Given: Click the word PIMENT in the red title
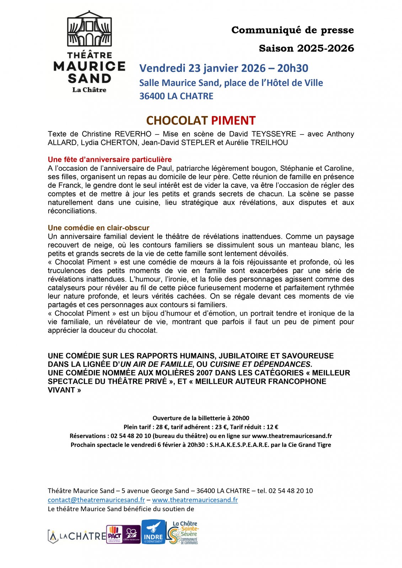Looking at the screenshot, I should click(233, 121).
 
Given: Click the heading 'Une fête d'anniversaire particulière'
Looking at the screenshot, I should click(110, 159).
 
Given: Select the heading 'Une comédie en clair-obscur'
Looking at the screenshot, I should click(98, 228).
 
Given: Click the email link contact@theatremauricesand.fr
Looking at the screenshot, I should click(96, 500).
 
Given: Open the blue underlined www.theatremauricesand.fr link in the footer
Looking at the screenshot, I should click(195, 500).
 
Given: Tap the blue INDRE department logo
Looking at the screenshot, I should click(153, 532).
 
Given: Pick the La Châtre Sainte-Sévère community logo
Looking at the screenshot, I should click(183, 532).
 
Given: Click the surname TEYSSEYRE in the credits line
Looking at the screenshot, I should click(274, 134).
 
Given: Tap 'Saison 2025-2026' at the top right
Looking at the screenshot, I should click(306, 48).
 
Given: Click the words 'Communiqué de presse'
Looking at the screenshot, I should click(293, 30).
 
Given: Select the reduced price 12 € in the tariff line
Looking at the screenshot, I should click(272, 427).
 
